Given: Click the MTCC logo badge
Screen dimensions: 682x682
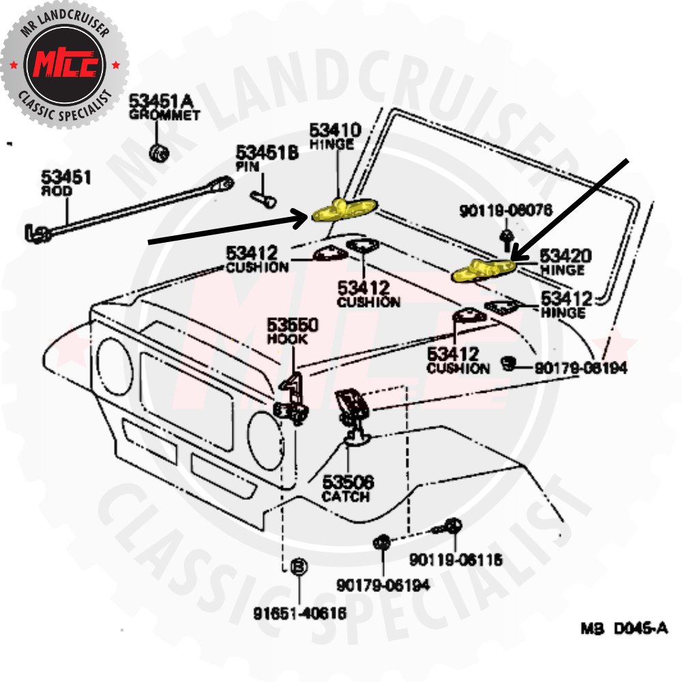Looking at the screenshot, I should (65, 65).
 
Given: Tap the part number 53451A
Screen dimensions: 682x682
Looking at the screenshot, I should (162, 102).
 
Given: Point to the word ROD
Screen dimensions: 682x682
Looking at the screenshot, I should (57, 192).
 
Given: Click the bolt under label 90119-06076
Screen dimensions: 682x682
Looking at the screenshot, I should (505, 237).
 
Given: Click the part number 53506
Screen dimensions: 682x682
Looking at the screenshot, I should (348, 482).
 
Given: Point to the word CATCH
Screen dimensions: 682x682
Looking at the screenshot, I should (346, 496).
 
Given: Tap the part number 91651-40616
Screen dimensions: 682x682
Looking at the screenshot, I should (300, 613).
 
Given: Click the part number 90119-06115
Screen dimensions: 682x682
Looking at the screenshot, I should (456, 560).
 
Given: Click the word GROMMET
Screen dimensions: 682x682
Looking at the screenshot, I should (164, 115).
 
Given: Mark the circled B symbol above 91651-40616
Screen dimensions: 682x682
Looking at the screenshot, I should (299, 566).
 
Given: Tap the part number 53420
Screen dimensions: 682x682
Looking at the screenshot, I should (566, 256).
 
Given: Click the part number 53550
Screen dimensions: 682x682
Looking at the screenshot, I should (292, 325).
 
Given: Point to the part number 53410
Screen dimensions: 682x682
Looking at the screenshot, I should (335, 130).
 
